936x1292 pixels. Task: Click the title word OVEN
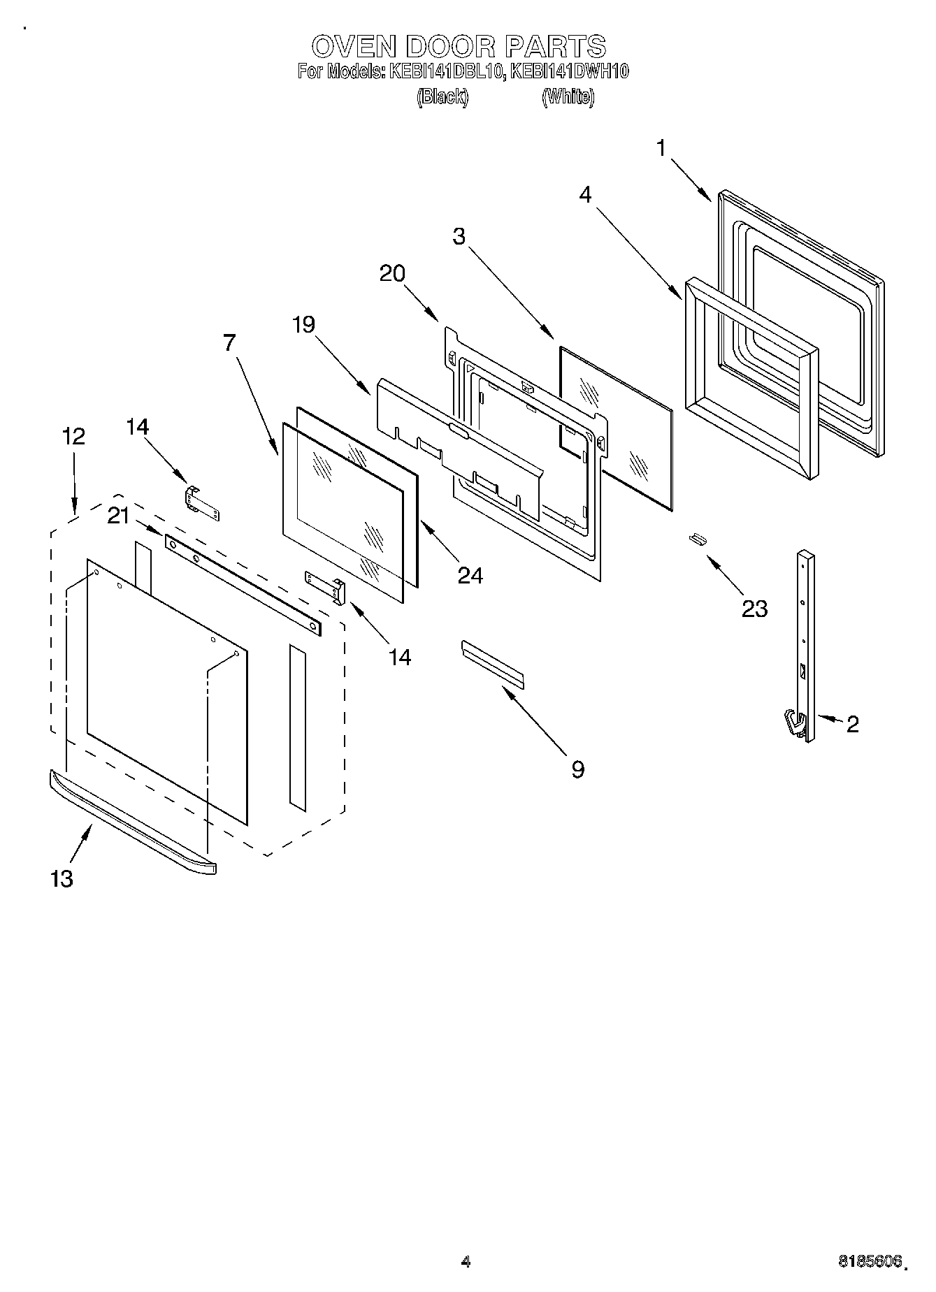click(354, 47)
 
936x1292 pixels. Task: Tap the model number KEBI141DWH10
click(570, 71)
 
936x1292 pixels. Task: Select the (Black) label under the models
click(442, 97)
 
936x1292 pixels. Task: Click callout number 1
click(661, 149)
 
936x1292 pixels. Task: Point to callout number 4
click(585, 195)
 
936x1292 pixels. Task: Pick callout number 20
click(392, 273)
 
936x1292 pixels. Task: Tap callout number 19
click(303, 324)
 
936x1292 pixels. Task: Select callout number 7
click(230, 343)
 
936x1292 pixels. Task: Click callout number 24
click(470, 574)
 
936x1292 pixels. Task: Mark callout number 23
click(754, 609)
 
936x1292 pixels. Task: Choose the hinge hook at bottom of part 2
click(793, 723)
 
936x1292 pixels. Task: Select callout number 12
click(73, 436)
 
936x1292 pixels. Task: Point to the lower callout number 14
click(400, 657)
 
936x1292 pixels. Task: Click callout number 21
click(118, 516)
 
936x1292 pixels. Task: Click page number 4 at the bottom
click(466, 1261)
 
